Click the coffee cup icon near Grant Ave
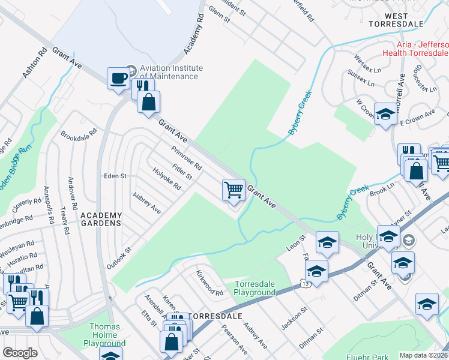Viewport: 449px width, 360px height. [x=118, y=77]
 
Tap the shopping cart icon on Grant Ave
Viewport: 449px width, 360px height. [x=233, y=189]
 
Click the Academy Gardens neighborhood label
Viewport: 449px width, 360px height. [x=101, y=219]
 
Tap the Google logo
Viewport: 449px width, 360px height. [x=20, y=352]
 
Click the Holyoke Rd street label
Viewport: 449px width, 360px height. [x=166, y=178]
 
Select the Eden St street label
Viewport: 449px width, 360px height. [x=115, y=176]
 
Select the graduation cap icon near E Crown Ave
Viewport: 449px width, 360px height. [x=385, y=114]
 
